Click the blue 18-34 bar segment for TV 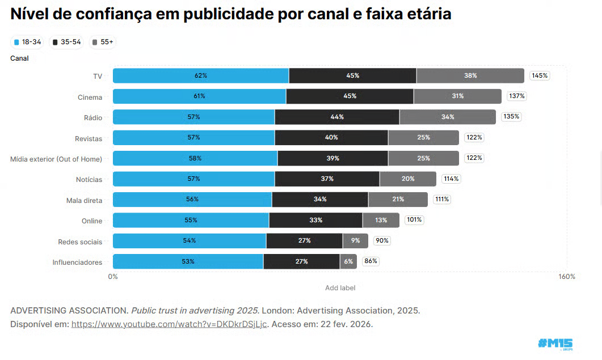(x=200, y=75)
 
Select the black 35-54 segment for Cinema (x=350, y=96)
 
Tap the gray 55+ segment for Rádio (x=448, y=117)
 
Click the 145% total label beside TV (x=540, y=75)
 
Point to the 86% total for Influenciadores (x=371, y=261)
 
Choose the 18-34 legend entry (x=27, y=42)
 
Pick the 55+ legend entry (x=103, y=42)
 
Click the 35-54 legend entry (x=66, y=42)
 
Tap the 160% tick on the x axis (x=566, y=277)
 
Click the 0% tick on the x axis (x=113, y=277)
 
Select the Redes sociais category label (x=80, y=242)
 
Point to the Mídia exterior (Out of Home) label (x=56, y=159)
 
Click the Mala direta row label (x=84, y=200)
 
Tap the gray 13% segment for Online (x=381, y=220)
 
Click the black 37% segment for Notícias (x=327, y=179)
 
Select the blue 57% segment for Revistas (x=193, y=137)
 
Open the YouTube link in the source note (x=169, y=324)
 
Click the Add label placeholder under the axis (x=340, y=288)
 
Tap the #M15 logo (x=555, y=344)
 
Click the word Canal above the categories (x=19, y=58)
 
